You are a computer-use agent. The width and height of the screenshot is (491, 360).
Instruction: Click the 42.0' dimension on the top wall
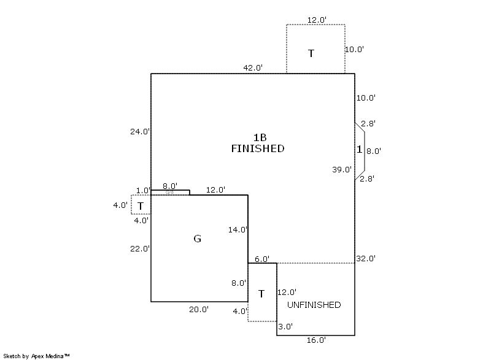click(253, 67)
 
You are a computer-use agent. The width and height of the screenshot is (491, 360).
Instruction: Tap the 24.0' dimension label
click(140, 131)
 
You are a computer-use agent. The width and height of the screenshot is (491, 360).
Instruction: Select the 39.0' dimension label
click(342, 170)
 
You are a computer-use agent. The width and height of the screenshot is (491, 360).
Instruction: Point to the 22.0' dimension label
click(140, 249)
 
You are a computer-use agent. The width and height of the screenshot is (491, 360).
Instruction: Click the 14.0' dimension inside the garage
click(238, 230)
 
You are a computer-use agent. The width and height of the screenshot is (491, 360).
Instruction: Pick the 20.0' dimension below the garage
click(198, 310)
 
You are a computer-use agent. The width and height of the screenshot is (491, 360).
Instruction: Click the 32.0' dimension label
click(366, 259)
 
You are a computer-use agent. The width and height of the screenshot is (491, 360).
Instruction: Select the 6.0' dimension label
click(262, 259)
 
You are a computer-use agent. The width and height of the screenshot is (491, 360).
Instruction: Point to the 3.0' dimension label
click(285, 327)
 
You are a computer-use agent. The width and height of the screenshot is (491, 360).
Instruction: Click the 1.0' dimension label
click(143, 190)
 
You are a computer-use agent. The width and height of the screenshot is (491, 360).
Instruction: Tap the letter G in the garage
click(197, 239)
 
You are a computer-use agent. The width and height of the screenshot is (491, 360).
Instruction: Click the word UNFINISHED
click(314, 305)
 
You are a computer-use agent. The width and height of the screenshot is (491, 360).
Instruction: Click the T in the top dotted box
click(311, 53)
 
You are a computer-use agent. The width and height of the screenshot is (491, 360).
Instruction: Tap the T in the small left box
click(141, 206)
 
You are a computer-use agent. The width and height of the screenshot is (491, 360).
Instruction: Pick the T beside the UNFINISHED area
click(261, 294)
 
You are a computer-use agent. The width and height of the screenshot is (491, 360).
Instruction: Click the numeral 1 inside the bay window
click(359, 150)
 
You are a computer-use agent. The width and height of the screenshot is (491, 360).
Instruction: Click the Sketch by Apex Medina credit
click(36, 355)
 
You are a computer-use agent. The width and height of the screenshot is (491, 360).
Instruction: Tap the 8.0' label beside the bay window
click(374, 151)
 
